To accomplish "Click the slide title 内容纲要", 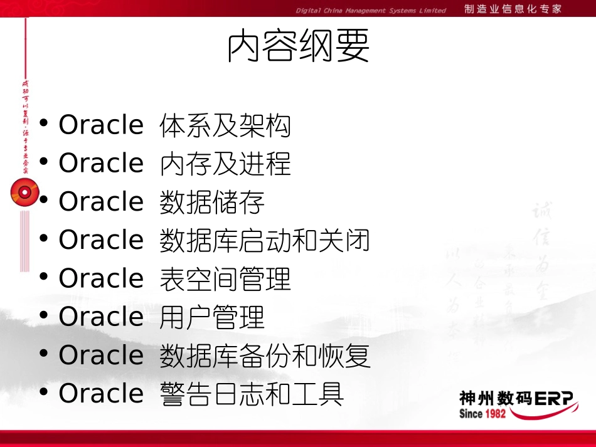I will point(298,47).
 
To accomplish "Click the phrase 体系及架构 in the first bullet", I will point(225,125).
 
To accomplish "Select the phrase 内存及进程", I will point(225,164).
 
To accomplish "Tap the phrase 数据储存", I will point(212,202).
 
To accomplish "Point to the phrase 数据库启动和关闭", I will point(265,240).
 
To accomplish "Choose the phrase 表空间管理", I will point(225,278).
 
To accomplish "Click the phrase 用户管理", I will point(212,317).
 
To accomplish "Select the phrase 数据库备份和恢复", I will point(265,355).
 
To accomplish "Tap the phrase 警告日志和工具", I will point(252,394).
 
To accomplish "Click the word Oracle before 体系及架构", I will point(101,125).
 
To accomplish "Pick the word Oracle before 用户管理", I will point(101,317).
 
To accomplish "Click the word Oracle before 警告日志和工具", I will point(101,394).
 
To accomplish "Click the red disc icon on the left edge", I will point(24,192).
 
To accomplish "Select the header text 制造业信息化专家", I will point(513,9).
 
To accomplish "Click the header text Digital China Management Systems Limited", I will point(371,10).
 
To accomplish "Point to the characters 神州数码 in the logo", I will point(486,399).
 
